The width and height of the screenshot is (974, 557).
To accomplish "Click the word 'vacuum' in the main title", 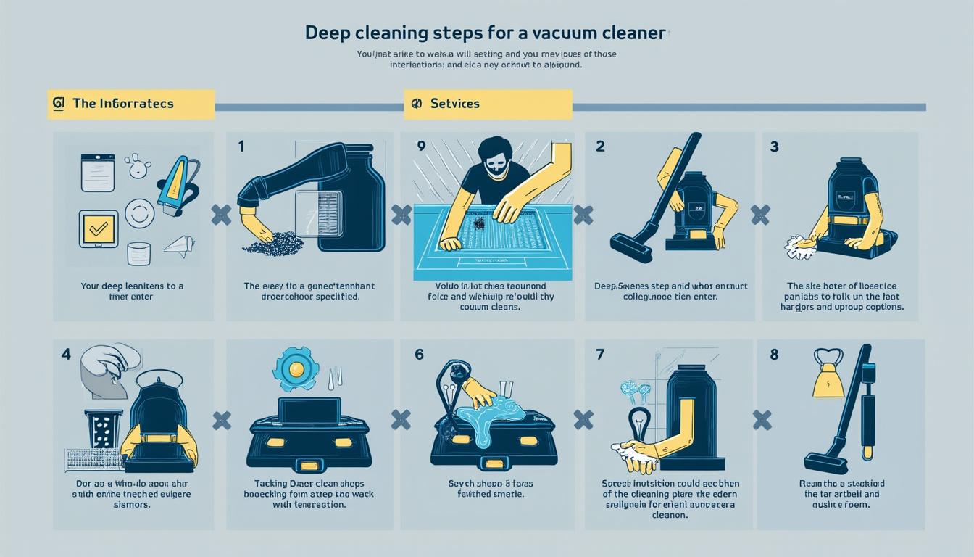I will tap(563, 33).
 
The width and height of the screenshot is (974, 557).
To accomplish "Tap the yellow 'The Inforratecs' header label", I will tap(130, 104).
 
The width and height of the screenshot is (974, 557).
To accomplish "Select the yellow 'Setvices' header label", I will tap(488, 104).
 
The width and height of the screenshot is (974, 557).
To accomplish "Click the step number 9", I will tap(420, 146).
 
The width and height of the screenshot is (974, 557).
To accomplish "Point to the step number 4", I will tap(66, 355).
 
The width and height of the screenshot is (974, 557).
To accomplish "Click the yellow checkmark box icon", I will tap(98, 229).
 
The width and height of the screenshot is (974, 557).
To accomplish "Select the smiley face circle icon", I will tap(139, 214).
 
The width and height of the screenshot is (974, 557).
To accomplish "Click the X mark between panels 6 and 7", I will tap(583, 420).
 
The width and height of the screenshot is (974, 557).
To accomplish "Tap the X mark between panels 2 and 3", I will tap(759, 213).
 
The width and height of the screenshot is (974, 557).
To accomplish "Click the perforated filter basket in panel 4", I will tap(104, 429).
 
